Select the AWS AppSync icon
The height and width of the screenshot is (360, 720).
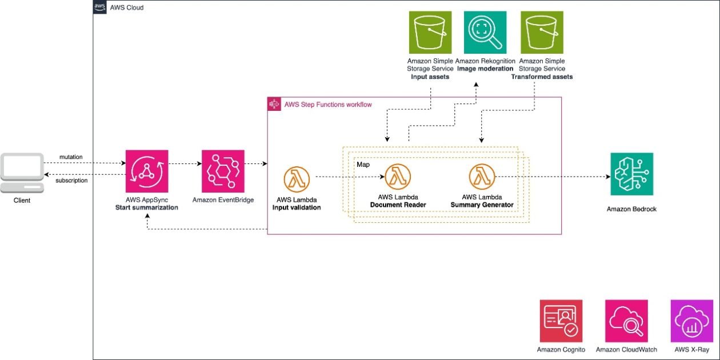point(147,171)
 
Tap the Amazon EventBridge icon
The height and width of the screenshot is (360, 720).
point(223,171)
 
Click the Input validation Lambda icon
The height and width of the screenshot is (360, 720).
point(297,179)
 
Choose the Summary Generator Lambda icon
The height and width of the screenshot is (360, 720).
point(482,177)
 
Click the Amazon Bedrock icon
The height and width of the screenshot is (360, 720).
point(631,174)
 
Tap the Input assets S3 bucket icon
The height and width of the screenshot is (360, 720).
point(430,32)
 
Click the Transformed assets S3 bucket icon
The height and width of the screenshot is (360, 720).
point(541,32)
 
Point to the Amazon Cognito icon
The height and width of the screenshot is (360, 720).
point(561,321)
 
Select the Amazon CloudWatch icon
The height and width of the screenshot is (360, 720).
point(626,321)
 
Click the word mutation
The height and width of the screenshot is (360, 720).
point(71,157)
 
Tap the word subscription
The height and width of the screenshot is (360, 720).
point(71,181)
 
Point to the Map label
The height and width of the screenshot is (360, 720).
point(363,165)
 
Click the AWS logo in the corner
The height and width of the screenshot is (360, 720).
point(100,7)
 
